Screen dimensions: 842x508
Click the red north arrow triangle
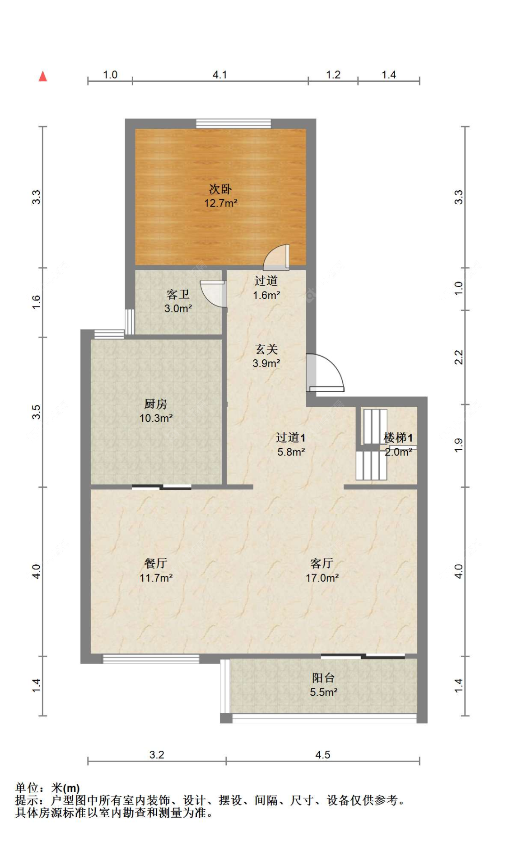click(43, 76)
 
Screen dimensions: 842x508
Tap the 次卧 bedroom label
click(220, 189)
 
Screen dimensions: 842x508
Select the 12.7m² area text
click(220, 203)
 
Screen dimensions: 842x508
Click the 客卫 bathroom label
click(177, 295)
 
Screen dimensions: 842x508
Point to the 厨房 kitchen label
click(155, 404)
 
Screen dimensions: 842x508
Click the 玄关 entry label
click(266, 349)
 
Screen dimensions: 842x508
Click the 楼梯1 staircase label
click(398, 437)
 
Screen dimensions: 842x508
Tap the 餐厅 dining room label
click(155, 563)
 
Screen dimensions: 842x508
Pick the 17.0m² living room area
click(322, 578)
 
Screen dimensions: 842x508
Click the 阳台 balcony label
click(323, 677)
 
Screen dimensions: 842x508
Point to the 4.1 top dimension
click(219, 75)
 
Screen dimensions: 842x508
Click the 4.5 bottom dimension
click(322, 754)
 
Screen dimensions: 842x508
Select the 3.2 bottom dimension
click(157, 754)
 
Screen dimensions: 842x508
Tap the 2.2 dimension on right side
click(458, 357)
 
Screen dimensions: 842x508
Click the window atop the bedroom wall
click(233, 123)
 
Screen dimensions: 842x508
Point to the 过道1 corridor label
click(291, 437)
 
